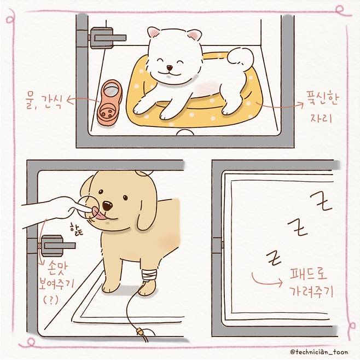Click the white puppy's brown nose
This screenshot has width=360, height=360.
[x=170, y=68]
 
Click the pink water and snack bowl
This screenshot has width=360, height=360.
[x=109, y=102]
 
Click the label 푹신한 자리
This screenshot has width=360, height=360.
[x=322, y=107]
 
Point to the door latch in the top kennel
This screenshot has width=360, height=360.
[x=107, y=38]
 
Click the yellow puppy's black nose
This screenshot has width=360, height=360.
[x=107, y=206]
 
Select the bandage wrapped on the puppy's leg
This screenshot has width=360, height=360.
[x=148, y=275]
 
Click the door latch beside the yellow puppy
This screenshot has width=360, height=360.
[x=57, y=246]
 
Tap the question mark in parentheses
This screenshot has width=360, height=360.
[x=50, y=299]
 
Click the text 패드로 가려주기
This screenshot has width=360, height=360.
[x=311, y=282]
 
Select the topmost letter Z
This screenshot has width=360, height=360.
[x=322, y=201]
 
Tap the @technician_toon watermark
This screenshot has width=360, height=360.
[x=319, y=352]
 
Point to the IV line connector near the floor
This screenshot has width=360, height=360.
[x=138, y=332]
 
